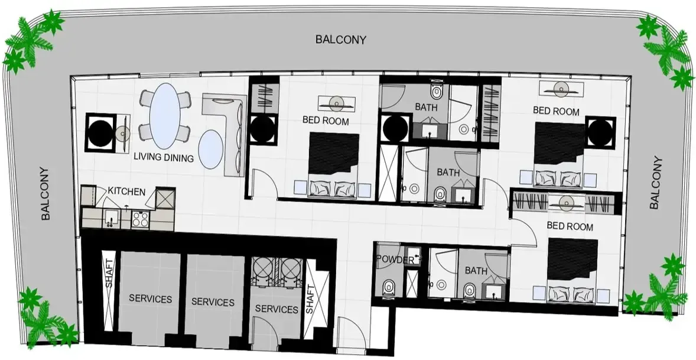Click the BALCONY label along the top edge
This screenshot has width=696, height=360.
(341, 40)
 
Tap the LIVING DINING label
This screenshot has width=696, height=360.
(164, 158)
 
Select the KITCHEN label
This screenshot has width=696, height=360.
(126, 192)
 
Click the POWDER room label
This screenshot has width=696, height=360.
(395, 260)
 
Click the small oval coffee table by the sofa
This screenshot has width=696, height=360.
(210, 149)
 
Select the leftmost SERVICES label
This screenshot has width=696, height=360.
(151, 299)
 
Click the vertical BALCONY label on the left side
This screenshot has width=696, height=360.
(45, 193)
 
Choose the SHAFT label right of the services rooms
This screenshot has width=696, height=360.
(310, 300)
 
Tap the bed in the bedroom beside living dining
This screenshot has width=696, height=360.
(333, 165)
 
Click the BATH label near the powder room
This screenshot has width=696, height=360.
(476, 270)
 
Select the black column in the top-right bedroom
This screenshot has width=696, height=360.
(600, 132)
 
